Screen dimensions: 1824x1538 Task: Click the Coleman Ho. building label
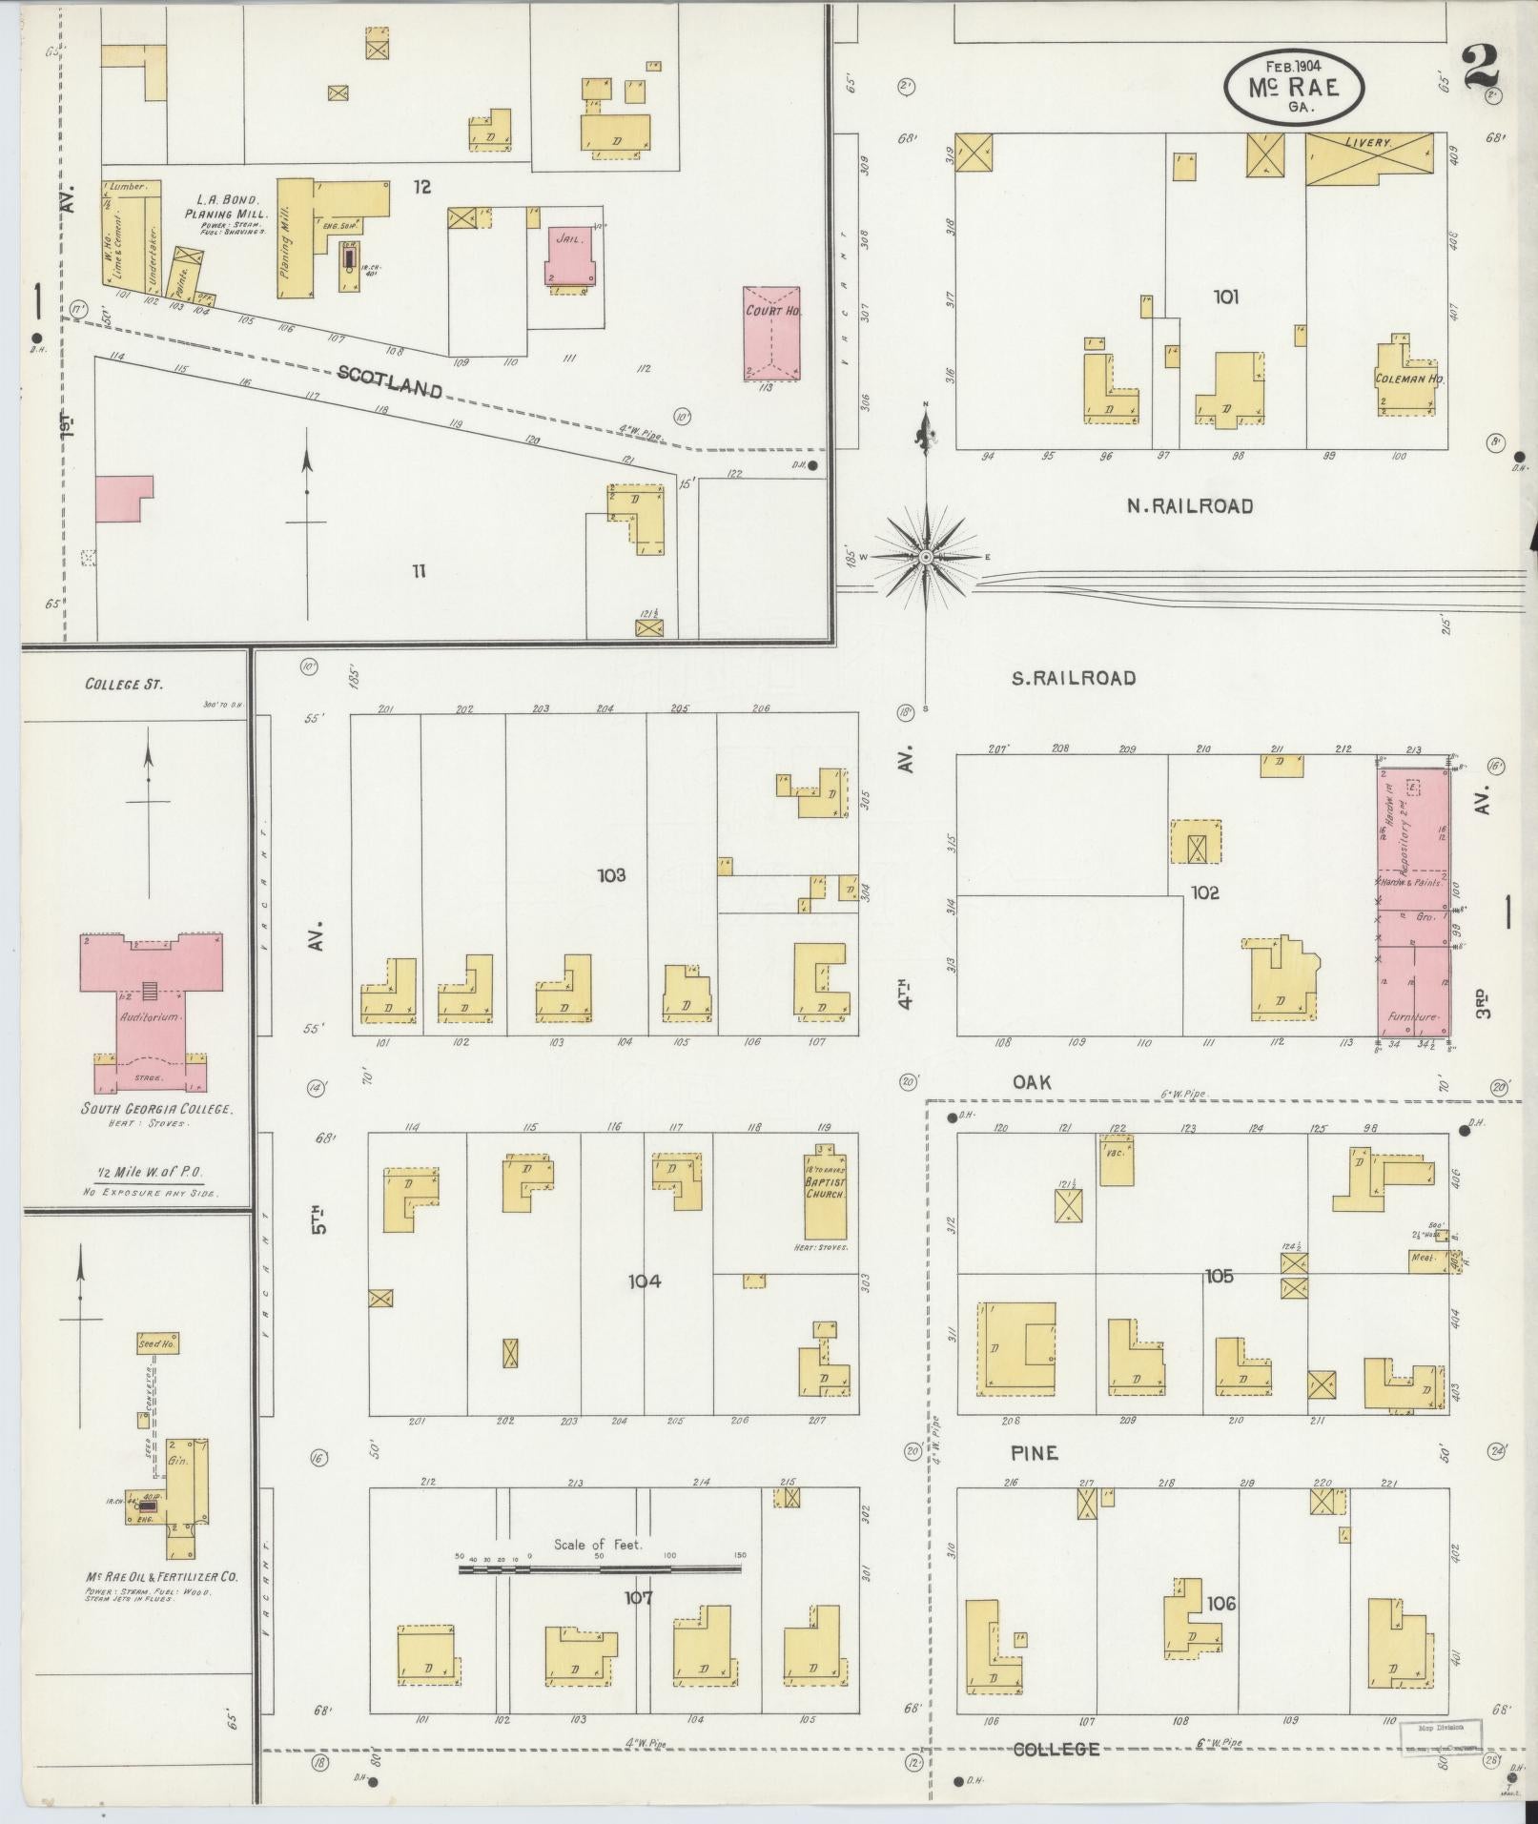[x=1409, y=379]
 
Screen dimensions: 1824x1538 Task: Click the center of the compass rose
[x=925, y=556]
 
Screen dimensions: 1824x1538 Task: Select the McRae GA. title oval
[x=1294, y=88]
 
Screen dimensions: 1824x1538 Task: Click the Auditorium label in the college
[x=150, y=1017]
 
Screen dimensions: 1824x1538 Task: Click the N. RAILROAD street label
[x=1189, y=506]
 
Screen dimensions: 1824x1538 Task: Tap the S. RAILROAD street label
[x=1074, y=678]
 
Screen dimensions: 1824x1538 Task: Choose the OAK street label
[x=1032, y=1081]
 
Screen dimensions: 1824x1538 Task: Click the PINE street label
[x=1035, y=1452]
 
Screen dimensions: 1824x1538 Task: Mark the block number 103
[x=610, y=874]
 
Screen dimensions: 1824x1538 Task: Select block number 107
[x=638, y=1597]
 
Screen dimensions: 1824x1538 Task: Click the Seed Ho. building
[x=157, y=1343]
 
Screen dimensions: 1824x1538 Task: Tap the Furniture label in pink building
[x=1412, y=1017]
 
